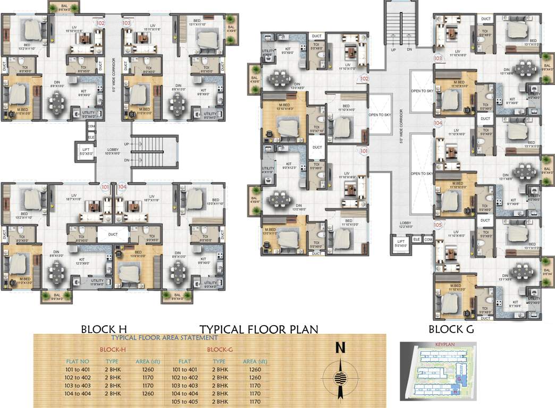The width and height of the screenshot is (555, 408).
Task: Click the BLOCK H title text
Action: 104,329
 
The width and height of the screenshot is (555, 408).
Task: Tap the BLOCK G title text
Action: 451,329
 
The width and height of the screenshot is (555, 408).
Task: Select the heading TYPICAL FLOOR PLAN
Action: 259,329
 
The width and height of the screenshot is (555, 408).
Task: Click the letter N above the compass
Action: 340,348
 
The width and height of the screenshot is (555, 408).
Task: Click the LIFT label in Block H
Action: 85,150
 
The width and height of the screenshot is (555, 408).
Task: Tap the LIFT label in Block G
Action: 400,242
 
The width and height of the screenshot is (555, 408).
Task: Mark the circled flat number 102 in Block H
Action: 100,23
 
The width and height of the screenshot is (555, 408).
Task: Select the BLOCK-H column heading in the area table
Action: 113,350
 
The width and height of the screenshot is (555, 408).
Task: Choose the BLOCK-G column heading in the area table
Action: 220,350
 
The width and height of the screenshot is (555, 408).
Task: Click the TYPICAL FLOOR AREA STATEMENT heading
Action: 164,337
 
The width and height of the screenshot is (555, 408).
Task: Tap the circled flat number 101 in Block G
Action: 364,151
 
